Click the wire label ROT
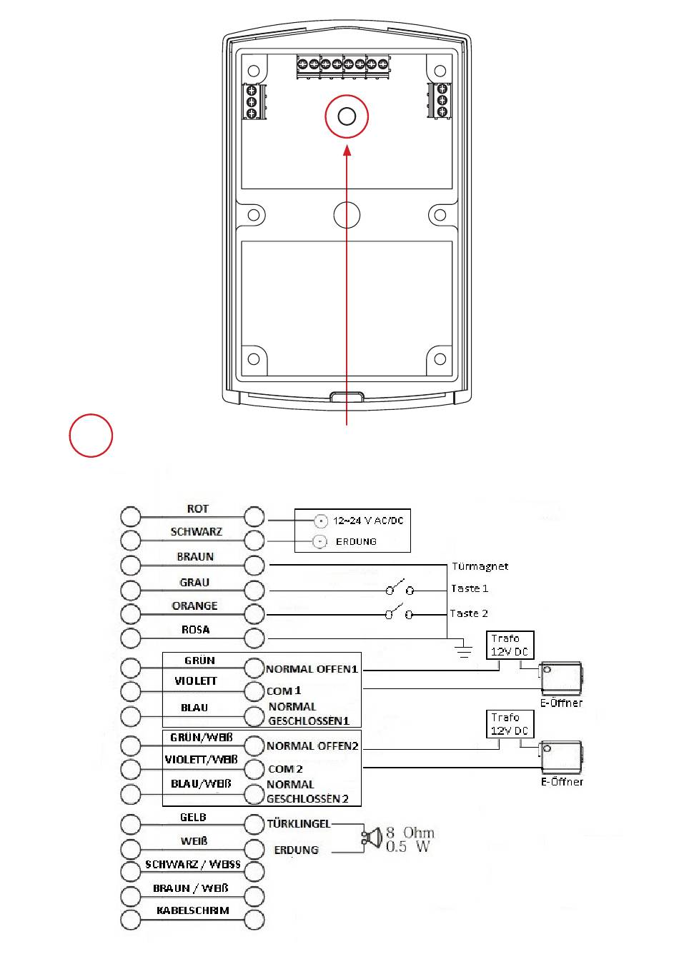click(x=198, y=508)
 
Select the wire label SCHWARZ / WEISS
click(x=193, y=864)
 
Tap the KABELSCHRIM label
click(x=193, y=910)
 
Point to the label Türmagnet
click(x=480, y=566)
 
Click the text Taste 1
click(x=470, y=588)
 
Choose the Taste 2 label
click(x=469, y=613)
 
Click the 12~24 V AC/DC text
click(x=368, y=521)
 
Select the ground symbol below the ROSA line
click(x=464, y=649)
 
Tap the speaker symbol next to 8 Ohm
click(x=372, y=838)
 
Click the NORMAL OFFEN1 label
click(x=312, y=669)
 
